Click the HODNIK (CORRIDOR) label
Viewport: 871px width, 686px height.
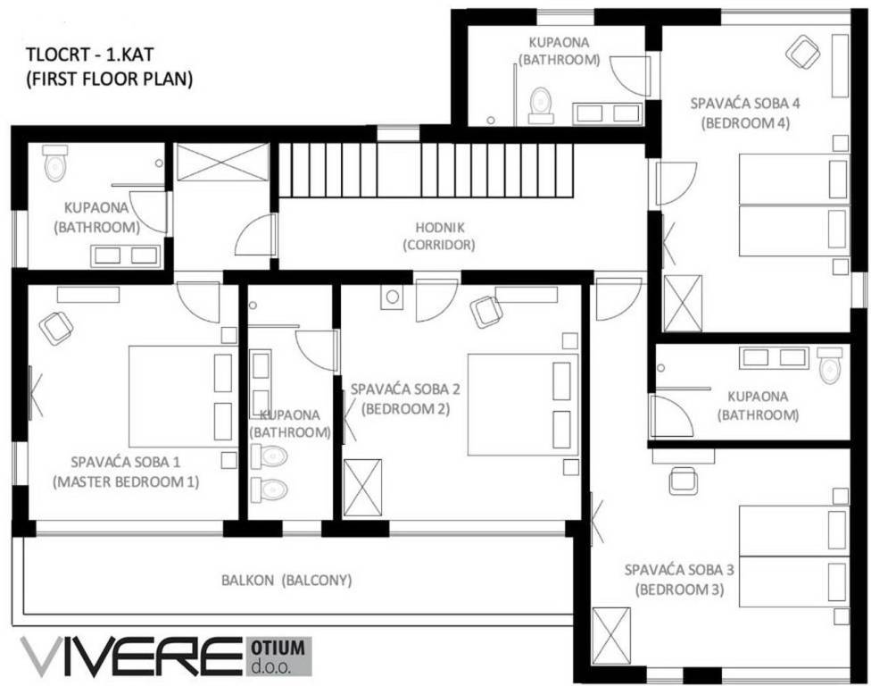tap(438, 236)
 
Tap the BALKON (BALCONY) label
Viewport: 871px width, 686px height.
tap(286, 580)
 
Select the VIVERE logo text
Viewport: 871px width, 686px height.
tap(129, 657)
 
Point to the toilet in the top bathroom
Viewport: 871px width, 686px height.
tap(540, 104)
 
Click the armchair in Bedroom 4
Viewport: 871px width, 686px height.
tap(802, 51)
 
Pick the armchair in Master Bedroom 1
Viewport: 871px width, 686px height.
tap(56, 327)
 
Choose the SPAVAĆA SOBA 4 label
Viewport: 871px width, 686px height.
tap(745, 103)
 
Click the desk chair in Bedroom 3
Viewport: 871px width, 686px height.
tap(684, 480)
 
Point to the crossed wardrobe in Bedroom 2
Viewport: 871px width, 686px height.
tap(361, 487)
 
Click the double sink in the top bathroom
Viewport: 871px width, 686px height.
tap(607, 113)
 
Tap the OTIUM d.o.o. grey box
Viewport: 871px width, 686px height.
tap(277, 657)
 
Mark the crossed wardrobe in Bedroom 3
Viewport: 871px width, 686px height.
tap(610, 635)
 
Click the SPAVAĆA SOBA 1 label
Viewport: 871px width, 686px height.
tap(125, 462)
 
